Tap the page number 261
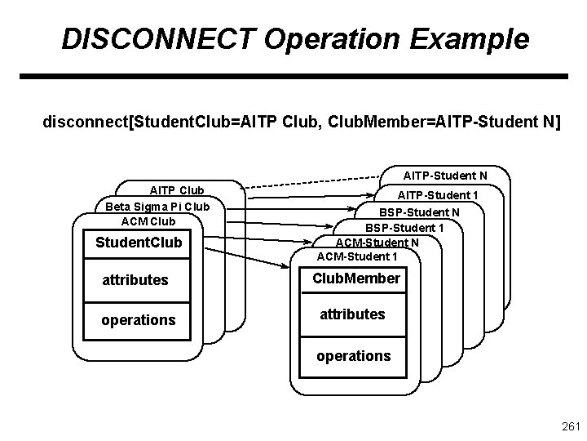[570, 427]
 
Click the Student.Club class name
[139, 243]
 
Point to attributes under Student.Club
[135, 280]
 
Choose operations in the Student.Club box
[138, 320]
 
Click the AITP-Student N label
[445, 176]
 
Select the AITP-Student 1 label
[438, 195]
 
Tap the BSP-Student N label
[419, 212]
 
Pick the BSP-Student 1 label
[404, 227]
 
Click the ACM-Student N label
[377, 242]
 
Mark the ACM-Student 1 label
[357, 256]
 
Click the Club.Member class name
[356, 278]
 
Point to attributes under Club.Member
[352, 314]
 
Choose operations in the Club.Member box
[354, 356]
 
